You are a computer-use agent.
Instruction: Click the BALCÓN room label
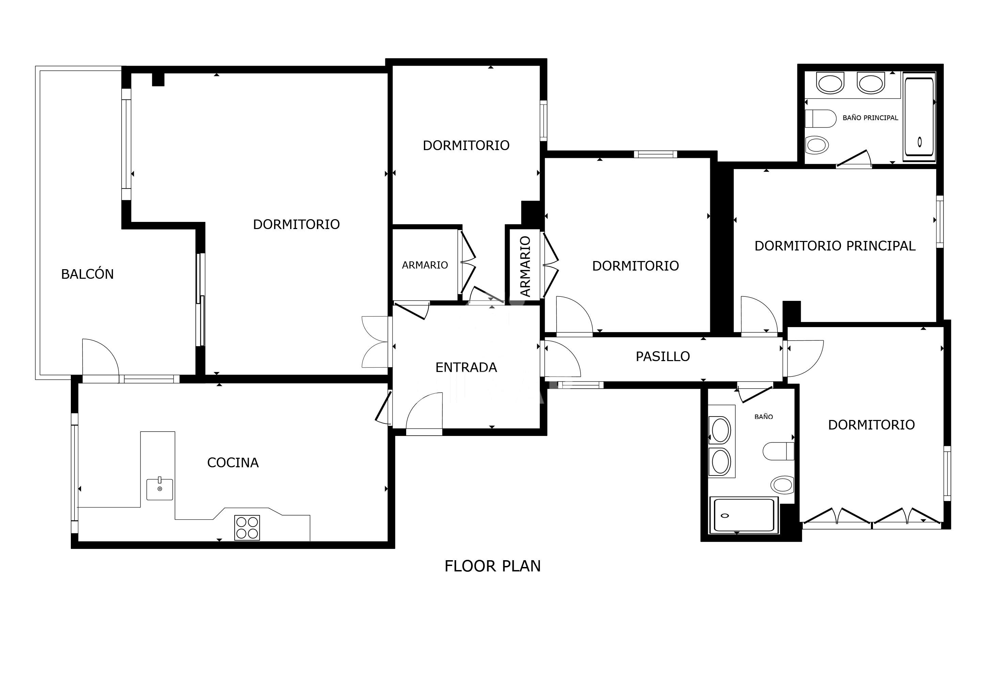click(87, 274)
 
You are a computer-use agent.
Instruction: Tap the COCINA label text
click(233, 463)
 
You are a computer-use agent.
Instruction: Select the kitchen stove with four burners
click(247, 528)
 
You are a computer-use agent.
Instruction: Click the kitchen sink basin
click(160, 490)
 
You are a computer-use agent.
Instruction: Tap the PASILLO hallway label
click(663, 356)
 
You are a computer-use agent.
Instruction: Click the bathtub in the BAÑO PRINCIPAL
click(919, 117)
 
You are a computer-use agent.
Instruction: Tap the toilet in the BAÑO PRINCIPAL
click(820, 118)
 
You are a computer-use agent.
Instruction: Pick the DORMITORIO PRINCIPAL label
click(835, 246)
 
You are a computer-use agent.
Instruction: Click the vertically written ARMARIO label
click(525, 266)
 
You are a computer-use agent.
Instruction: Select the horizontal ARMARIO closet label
click(425, 265)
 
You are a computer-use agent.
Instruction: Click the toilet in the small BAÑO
click(778, 451)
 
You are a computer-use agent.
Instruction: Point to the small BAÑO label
click(764, 417)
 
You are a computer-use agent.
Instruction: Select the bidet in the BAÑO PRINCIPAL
click(817, 145)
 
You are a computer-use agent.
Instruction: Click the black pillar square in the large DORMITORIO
click(158, 79)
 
